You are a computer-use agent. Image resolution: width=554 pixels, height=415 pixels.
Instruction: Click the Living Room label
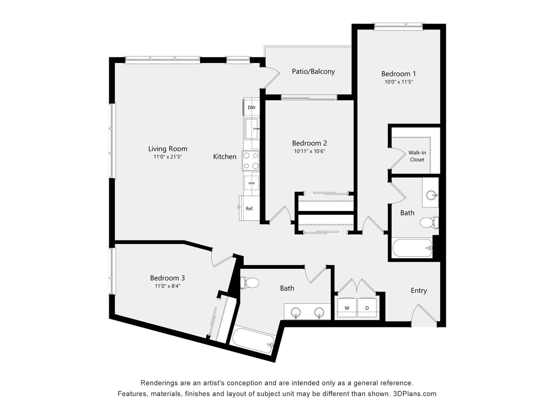pyautogui.click(x=167, y=148)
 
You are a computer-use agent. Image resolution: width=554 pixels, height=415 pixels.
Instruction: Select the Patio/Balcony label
pyautogui.click(x=313, y=71)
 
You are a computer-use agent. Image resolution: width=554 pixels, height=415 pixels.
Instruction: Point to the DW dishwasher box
pyautogui.click(x=251, y=107)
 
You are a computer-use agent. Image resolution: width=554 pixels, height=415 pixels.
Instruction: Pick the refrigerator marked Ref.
pyautogui.click(x=249, y=208)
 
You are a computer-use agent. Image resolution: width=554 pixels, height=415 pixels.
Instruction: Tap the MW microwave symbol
pyautogui.click(x=252, y=183)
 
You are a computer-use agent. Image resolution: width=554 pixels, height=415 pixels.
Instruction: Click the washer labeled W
pyautogui.click(x=347, y=308)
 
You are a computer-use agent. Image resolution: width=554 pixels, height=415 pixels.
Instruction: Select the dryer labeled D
pyautogui.click(x=367, y=308)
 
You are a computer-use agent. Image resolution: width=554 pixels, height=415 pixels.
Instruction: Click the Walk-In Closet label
pyautogui.click(x=417, y=156)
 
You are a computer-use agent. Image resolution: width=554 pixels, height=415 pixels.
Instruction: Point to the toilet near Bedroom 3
pyautogui.click(x=250, y=283)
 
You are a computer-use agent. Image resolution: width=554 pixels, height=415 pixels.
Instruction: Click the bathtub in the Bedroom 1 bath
pyautogui.click(x=413, y=248)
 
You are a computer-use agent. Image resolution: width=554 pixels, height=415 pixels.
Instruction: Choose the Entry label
pyautogui.click(x=419, y=291)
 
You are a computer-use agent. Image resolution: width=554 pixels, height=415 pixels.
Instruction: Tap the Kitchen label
pyautogui.click(x=225, y=156)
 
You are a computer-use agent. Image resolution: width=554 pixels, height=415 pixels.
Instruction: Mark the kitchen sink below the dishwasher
pyautogui.click(x=252, y=128)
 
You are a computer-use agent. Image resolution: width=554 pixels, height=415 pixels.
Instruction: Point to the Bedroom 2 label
pyautogui.click(x=309, y=143)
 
